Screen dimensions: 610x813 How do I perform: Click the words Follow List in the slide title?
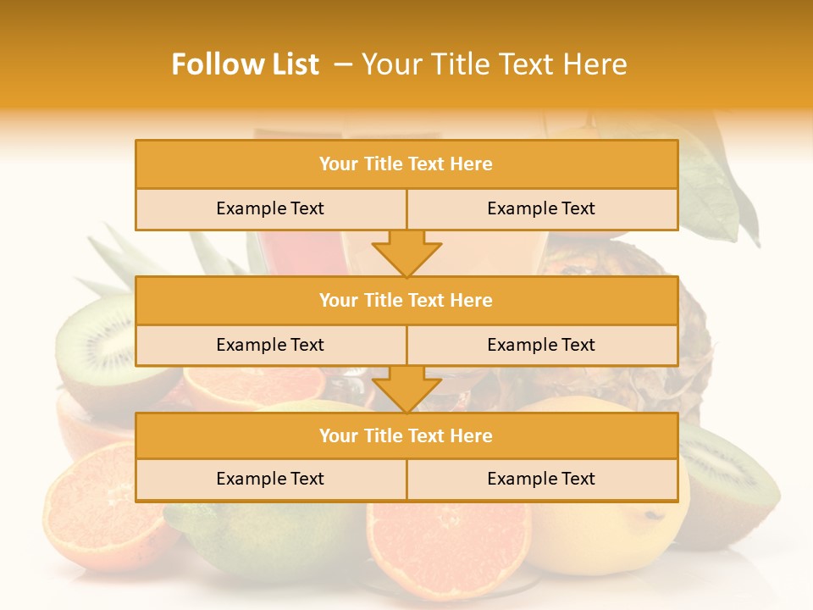click(245, 64)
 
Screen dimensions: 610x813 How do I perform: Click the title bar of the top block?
click(406, 164)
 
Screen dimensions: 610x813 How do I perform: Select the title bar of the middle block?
click(406, 300)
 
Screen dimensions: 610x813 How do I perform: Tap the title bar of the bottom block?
click(406, 435)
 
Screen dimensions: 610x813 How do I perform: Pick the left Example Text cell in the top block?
click(270, 208)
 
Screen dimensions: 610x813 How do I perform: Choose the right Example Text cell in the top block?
click(541, 208)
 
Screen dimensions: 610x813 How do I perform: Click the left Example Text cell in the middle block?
click(270, 345)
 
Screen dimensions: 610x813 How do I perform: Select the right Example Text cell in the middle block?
click(541, 345)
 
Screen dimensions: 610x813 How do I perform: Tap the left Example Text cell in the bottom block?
click(270, 479)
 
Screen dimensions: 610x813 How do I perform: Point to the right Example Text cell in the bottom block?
click(541, 479)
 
